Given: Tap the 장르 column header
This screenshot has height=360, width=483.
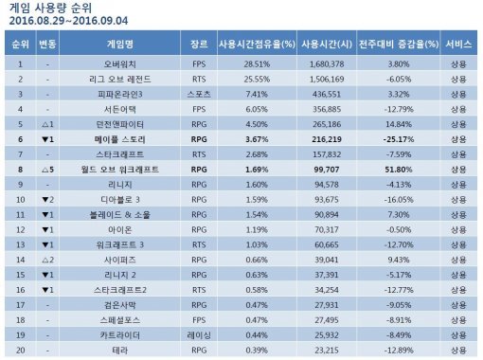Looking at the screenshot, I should click(x=199, y=45).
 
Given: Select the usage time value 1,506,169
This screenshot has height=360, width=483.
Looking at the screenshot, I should click(x=325, y=79).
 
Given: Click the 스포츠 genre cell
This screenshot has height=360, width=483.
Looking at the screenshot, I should click(x=199, y=94).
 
